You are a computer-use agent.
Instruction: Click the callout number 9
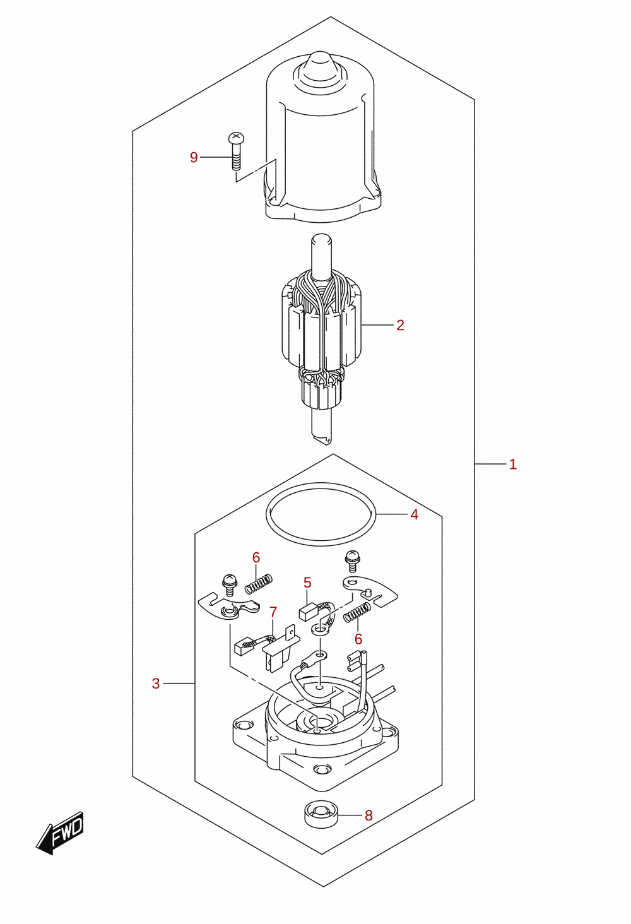[x=194, y=157]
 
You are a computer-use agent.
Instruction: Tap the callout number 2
[x=400, y=325]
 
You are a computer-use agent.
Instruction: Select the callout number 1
[x=512, y=464]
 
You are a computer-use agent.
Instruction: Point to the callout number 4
[x=414, y=514]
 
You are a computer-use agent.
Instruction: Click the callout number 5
[x=307, y=583]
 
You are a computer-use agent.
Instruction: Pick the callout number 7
[x=273, y=612]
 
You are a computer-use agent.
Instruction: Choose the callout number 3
[x=155, y=684]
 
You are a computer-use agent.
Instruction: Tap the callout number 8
[x=369, y=815]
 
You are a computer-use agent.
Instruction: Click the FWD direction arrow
[x=60, y=833]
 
